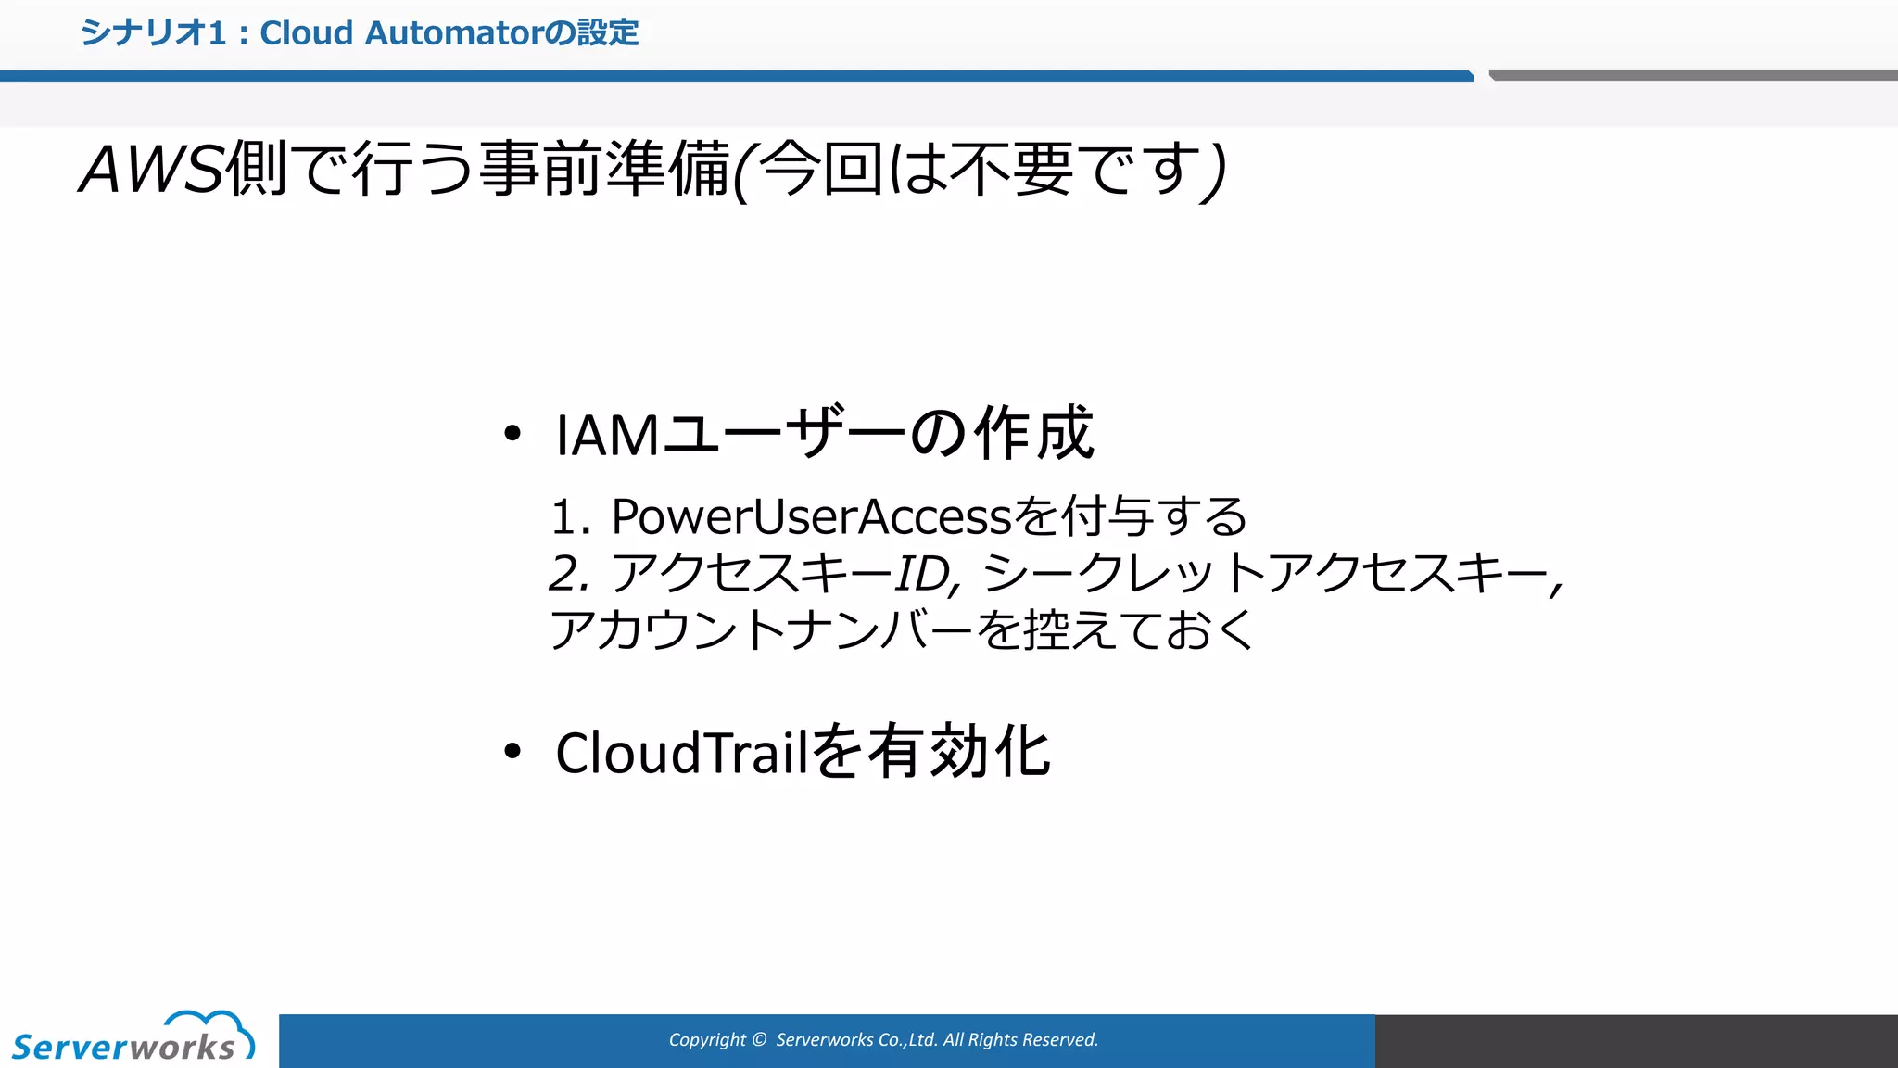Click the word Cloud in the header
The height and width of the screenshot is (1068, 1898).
coord(306,33)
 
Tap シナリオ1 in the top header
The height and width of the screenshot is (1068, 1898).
coord(153,33)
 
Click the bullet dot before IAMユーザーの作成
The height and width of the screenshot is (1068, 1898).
coord(512,433)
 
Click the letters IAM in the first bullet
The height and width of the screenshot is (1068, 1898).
coord(607,435)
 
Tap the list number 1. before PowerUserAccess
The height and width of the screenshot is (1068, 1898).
coord(569,517)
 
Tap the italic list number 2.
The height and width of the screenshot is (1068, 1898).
coord(568,573)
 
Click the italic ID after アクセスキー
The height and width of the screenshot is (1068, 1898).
coord(923,574)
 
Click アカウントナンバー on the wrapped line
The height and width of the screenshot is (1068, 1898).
coord(760,630)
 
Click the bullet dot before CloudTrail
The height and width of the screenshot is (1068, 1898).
coord(512,751)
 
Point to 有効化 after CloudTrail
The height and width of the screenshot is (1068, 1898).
coord(959,752)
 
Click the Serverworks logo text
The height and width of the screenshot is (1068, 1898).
coord(123,1048)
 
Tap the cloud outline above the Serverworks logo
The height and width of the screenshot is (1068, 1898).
coord(211,1025)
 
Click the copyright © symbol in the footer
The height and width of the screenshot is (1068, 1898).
coord(759,1040)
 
